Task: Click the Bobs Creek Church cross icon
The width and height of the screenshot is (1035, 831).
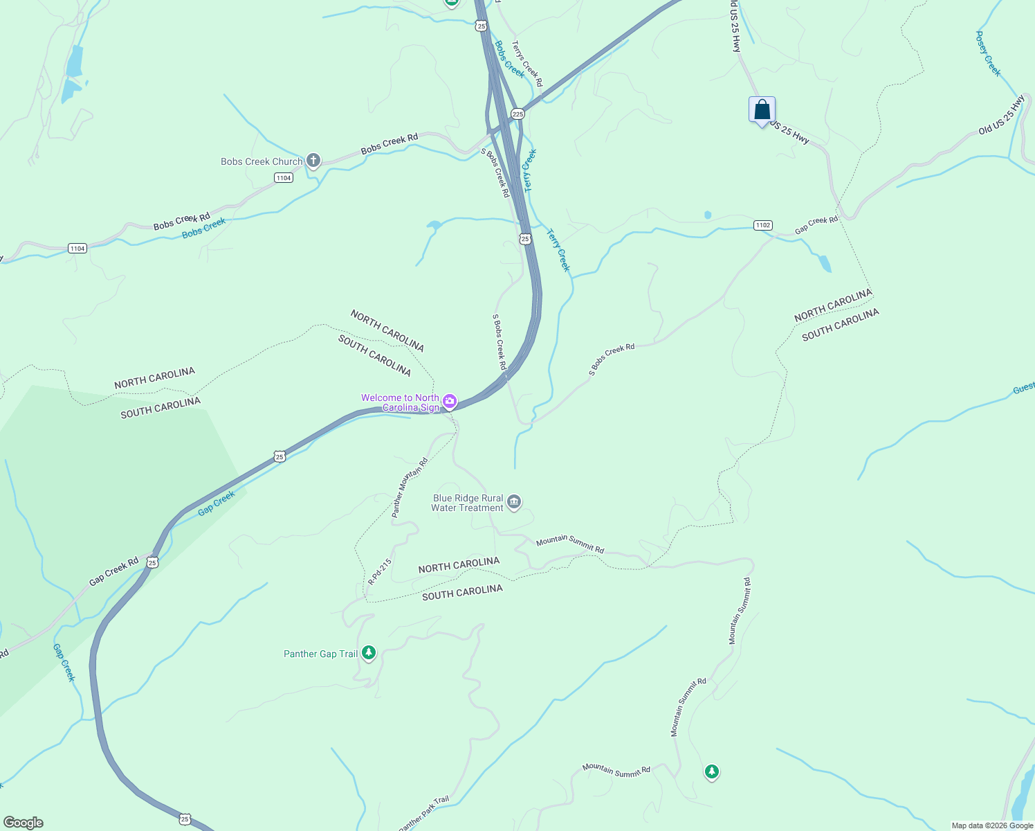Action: pyautogui.click(x=313, y=161)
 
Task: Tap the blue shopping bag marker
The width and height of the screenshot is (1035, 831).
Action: pyautogui.click(x=762, y=110)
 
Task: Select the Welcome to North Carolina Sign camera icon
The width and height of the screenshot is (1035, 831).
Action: pyautogui.click(x=450, y=402)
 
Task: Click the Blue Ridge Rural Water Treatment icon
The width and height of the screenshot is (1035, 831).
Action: pyautogui.click(x=513, y=503)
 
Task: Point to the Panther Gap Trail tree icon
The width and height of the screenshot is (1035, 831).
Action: pyautogui.click(x=369, y=652)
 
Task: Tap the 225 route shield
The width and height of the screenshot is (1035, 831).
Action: pyautogui.click(x=517, y=114)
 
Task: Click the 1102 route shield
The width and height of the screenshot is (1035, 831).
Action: pyautogui.click(x=762, y=225)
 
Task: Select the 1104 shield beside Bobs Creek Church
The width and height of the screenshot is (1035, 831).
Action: pyautogui.click(x=284, y=178)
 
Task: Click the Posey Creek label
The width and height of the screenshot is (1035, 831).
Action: pyautogui.click(x=988, y=53)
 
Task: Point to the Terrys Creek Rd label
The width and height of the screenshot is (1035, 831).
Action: pyautogui.click(x=527, y=63)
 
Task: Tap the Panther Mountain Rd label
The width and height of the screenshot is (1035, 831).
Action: pyautogui.click(x=410, y=488)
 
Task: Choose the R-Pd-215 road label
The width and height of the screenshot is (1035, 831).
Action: pyautogui.click(x=380, y=572)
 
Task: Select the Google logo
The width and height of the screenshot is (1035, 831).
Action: pyautogui.click(x=23, y=823)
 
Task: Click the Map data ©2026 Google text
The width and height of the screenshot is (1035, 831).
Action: pyautogui.click(x=992, y=825)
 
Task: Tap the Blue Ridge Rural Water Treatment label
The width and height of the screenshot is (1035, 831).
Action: pyautogui.click(x=467, y=503)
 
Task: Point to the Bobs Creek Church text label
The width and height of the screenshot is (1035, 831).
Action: pyautogui.click(x=262, y=161)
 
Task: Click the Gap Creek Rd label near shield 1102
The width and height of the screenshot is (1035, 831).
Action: pyautogui.click(x=816, y=224)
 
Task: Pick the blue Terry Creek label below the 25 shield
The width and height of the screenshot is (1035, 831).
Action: pyautogui.click(x=559, y=251)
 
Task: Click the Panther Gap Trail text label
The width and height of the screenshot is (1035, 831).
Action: pyautogui.click(x=321, y=654)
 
